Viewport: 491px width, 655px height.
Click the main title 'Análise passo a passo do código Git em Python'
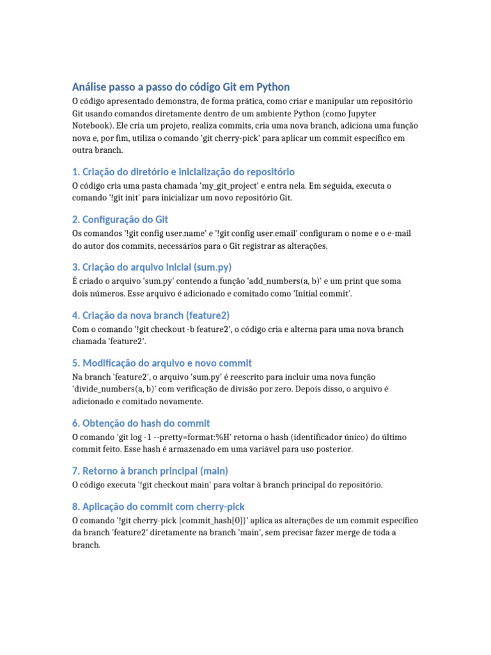tap(181, 87)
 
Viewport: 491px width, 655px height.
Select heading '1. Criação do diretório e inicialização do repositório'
tap(183, 171)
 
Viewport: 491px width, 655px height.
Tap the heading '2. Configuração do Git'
tap(120, 220)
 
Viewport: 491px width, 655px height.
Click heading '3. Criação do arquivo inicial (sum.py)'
tap(152, 267)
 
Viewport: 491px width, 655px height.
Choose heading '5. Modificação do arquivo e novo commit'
tap(162, 363)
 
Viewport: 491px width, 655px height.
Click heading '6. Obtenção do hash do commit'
tap(141, 423)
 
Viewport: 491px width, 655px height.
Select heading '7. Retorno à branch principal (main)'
tap(150, 471)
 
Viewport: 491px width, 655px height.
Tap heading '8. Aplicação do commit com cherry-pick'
tap(159, 507)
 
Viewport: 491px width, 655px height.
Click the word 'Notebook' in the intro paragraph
tap(91, 125)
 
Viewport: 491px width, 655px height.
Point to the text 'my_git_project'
tap(234, 185)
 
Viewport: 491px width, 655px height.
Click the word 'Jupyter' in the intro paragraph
tap(396, 114)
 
